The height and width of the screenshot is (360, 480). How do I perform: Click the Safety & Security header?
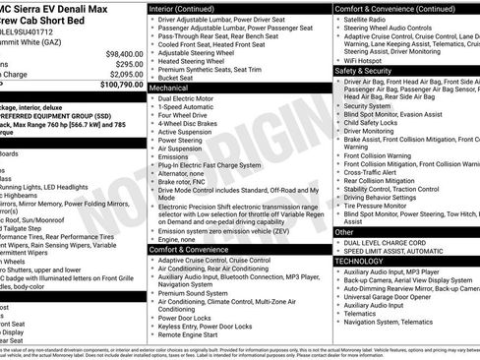coord(364,72)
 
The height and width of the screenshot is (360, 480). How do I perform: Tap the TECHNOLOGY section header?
coord(359,262)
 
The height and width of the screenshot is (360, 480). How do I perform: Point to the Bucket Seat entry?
coord(178,78)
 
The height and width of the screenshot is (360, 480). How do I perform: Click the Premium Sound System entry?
coord(193,292)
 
